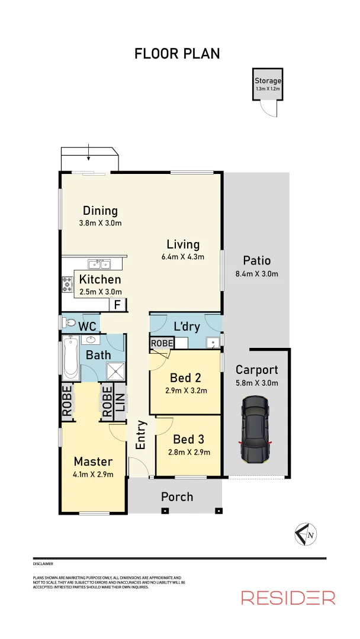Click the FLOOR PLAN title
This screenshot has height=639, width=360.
177,53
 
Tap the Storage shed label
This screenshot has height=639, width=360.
268,81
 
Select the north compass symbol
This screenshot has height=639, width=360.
304,534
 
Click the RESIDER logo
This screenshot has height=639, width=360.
288,598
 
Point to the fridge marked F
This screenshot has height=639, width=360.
117,305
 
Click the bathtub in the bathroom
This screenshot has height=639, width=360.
70,357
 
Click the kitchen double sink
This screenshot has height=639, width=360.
98,264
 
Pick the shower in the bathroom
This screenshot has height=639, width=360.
115,372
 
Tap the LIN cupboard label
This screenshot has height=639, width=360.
120,403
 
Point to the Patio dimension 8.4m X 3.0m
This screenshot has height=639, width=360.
257,273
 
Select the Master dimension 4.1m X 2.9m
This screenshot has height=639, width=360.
93,474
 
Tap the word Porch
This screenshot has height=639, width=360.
177,496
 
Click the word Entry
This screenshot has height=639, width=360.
141,435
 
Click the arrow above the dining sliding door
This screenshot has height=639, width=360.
88,153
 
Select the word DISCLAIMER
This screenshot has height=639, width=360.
43,564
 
